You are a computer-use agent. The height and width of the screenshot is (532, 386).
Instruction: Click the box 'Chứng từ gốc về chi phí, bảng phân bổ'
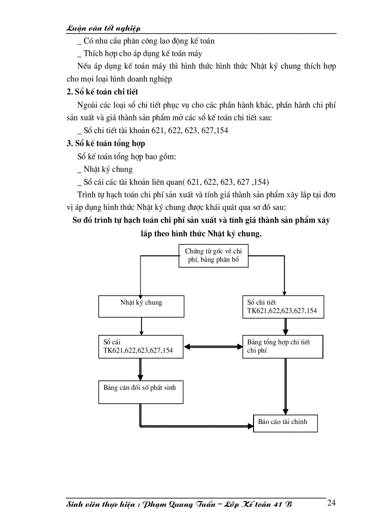pyautogui.click(x=213, y=256)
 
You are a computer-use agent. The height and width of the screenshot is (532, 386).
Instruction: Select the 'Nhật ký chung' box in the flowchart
pyautogui.click(x=141, y=306)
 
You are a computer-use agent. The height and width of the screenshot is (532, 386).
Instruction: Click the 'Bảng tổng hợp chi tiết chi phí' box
pyautogui.click(x=283, y=347)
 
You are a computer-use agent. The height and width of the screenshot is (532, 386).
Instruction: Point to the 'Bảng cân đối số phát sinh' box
pyautogui.click(x=141, y=392)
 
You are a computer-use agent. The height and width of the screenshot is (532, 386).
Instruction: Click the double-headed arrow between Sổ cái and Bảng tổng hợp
pyautogui.click(x=213, y=347)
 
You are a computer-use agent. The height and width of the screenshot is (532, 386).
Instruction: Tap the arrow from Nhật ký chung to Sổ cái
pyautogui.click(x=141, y=326)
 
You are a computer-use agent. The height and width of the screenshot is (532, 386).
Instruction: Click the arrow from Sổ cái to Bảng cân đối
pyautogui.click(x=141, y=370)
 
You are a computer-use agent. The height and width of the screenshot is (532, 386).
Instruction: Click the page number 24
pyautogui.click(x=331, y=503)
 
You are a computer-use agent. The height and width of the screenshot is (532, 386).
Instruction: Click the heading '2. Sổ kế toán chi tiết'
pyautogui.click(x=102, y=91)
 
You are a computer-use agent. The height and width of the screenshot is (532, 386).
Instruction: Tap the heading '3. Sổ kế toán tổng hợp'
pyautogui.click(x=105, y=143)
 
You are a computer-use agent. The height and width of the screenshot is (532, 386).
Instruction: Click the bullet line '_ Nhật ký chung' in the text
pyautogui.click(x=105, y=169)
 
